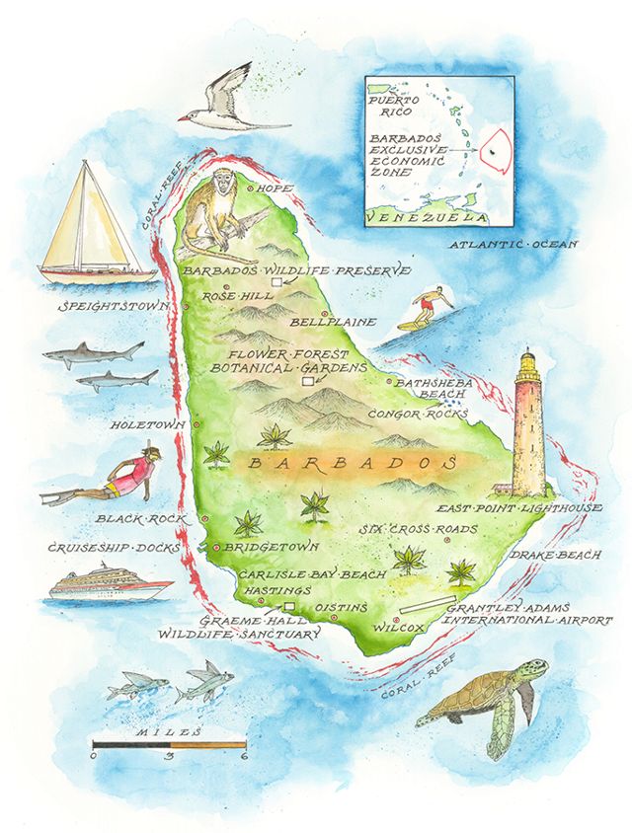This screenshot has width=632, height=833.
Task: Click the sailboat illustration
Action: coord(94,227)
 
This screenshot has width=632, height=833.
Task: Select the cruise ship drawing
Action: coord(109,584)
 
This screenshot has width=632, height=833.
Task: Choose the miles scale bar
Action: coord(168,744)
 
